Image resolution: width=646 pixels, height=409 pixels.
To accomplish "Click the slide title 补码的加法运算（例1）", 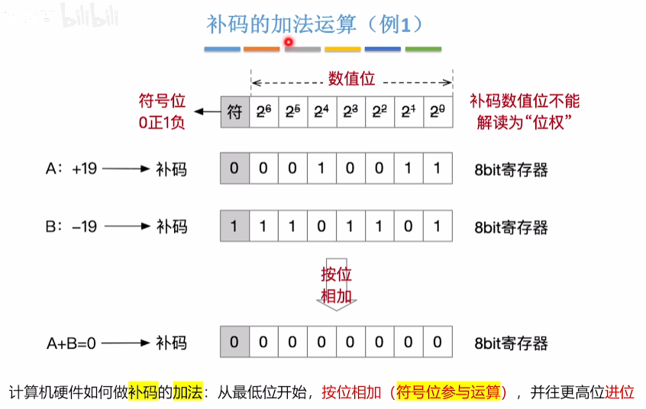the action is point(315,24).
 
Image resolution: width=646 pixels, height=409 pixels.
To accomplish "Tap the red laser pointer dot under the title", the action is point(289,42).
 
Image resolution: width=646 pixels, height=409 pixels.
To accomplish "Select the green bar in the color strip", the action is point(423,50).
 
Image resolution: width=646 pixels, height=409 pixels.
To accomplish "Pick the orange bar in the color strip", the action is point(262,50).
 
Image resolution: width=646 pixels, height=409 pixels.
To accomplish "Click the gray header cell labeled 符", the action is point(235,111).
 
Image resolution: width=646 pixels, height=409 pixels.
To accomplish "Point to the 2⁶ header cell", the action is point(264,111).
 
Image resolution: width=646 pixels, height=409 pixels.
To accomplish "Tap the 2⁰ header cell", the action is point(437,111).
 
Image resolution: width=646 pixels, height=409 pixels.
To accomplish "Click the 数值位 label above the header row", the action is point(351,79).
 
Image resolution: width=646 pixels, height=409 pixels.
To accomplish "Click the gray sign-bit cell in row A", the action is point(235,169).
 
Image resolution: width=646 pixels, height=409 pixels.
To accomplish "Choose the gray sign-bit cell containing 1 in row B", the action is point(235,227).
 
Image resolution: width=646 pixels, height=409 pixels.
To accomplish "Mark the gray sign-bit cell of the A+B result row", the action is point(235,342).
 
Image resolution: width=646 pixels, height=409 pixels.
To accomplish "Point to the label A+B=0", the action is point(71,343).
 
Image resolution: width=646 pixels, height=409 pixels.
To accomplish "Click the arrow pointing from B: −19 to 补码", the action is point(127,227).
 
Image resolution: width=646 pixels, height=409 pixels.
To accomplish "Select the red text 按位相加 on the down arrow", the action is point(336,285).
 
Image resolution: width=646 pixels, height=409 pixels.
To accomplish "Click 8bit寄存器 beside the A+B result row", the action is point(511,343).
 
